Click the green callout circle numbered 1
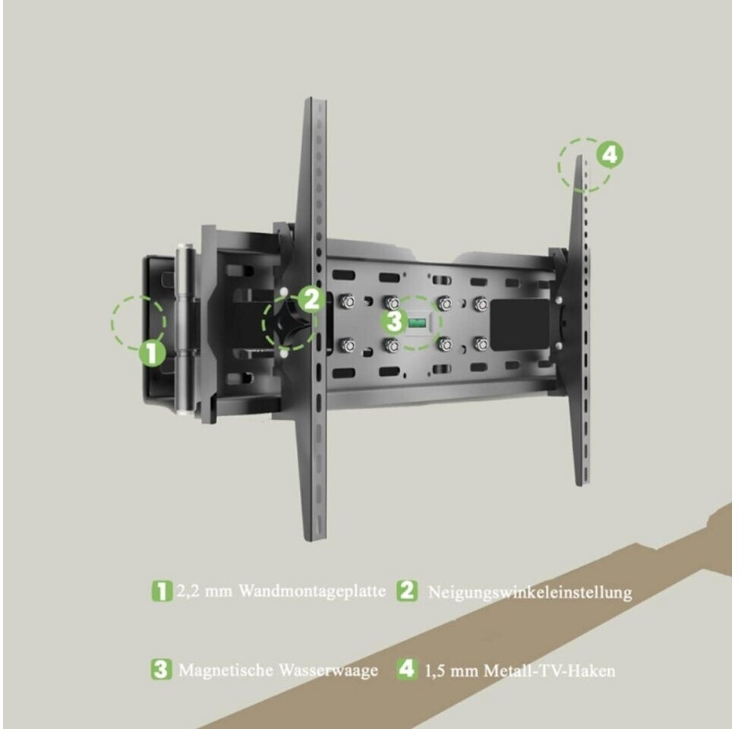pos(152,353)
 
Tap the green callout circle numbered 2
pos(311,298)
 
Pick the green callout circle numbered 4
pos(610,154)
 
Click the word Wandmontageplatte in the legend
pos(312,591)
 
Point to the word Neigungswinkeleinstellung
pos(530,592)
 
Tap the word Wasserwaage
pos(329,671)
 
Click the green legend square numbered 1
pos(162,591)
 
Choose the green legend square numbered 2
pos(407,591)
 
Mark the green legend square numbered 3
pos(161,670)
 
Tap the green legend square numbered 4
pos(407,670)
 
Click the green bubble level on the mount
pos(417,323)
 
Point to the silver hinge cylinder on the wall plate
pos(185,329)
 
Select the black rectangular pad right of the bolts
pos(520,324)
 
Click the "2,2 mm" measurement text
pos(204,591)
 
